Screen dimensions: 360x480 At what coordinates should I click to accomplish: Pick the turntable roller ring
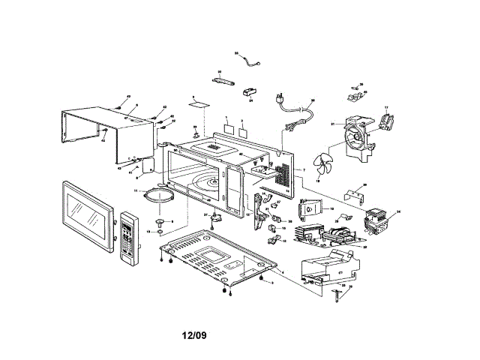(x=160, y=196)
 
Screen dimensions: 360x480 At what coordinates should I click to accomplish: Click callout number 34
(x=399, y=212)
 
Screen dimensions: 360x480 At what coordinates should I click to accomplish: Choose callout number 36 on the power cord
(x=313, y=100)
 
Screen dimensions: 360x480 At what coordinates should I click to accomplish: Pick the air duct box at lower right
(x=328, y=266)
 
